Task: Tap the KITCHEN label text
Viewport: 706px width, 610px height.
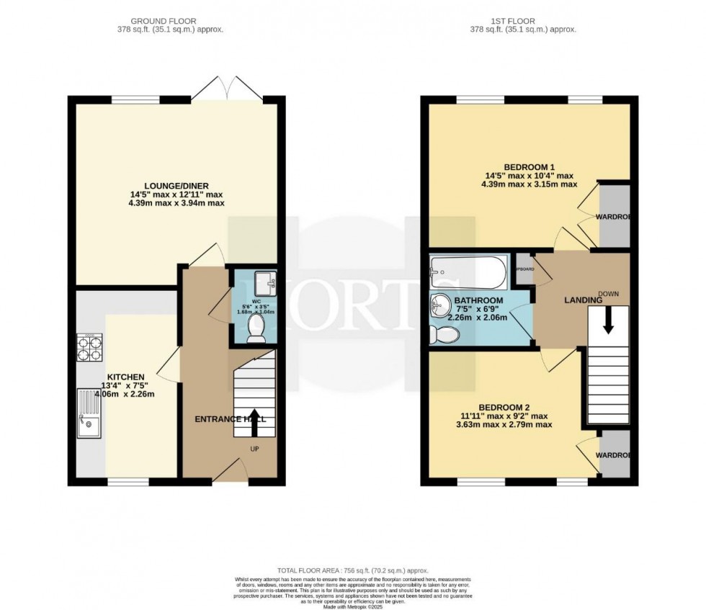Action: pyautogui.click(x=126, y=377)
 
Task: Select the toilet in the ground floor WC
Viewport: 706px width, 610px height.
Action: pyautogui.click(x=256, y=330)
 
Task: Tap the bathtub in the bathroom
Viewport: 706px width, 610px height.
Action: pyautogui.click(x=468, y=272)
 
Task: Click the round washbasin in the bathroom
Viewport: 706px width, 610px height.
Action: pyautogui.click(x=440, y=305)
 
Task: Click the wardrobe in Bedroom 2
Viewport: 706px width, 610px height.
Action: pyautogui.click(x=615, y=454)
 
